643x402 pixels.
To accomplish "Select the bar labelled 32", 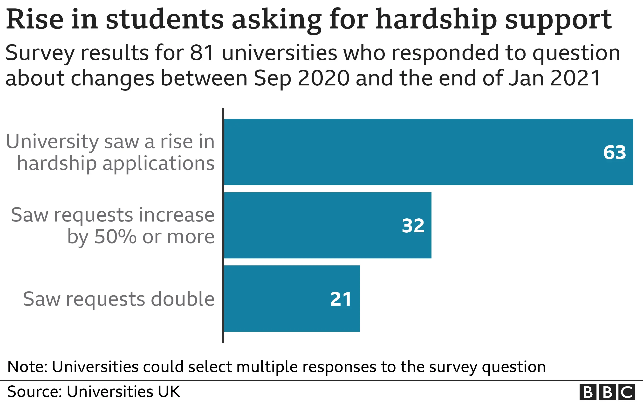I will pos(327,225).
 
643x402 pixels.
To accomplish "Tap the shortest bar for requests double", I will pos(292,298).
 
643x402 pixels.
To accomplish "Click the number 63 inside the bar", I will pos(615,152).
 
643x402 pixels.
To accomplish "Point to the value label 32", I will pos(413,226).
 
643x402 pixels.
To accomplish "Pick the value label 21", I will pos(341,299).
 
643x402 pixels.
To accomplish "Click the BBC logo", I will pos(607,392).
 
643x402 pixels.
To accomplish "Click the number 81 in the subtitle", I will pos(202,53).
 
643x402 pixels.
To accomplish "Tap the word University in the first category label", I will pos(52,142).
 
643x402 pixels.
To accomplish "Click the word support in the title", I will pos(558,20).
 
